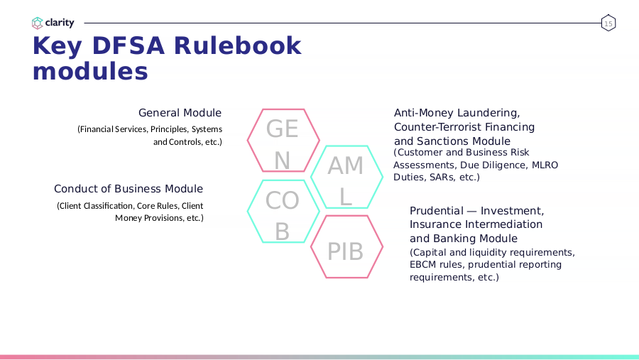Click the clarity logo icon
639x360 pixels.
pos(37,23)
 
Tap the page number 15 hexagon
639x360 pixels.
pos(608,23)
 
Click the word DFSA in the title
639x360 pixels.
pos(129,45)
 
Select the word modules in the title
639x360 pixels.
pos(90,71)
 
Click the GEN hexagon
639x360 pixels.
pos(247,141)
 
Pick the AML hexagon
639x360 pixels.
pos(312,177)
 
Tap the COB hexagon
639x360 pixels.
pos(248,211)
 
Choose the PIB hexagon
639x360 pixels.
pos(312,246)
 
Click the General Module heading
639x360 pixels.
pos(180,112)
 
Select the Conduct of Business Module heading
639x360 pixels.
pos(129,189)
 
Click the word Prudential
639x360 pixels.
pos(437,211)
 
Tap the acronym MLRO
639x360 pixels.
pos(545,165)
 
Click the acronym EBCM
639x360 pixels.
pos(422,265)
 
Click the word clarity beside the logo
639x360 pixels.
pos(60,23)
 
